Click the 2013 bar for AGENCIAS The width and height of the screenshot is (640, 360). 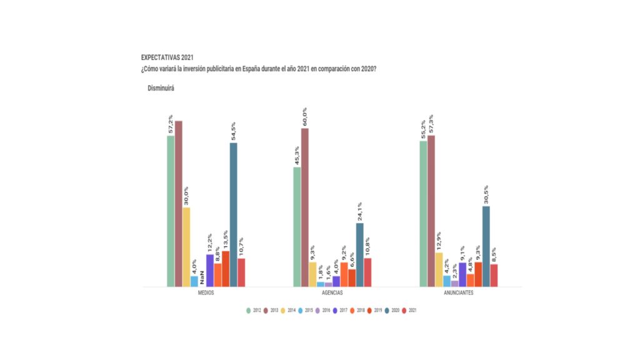point(305,207)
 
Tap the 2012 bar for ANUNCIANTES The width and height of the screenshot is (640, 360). point(424,213)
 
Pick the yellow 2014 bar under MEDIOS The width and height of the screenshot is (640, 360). point(186,247)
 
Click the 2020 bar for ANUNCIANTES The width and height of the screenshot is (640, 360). point(486,246)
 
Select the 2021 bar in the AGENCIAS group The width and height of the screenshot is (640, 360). point(367,272)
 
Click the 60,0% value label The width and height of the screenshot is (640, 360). point(305,117)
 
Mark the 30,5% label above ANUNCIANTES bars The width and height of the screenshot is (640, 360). point(486,195)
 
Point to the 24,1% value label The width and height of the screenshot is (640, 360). point(360,212)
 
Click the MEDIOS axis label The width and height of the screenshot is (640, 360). point(206,293)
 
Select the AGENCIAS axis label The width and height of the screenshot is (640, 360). point(332,293)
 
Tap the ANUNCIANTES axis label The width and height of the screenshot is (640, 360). point(459,293)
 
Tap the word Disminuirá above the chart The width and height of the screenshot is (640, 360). point(161,88)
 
